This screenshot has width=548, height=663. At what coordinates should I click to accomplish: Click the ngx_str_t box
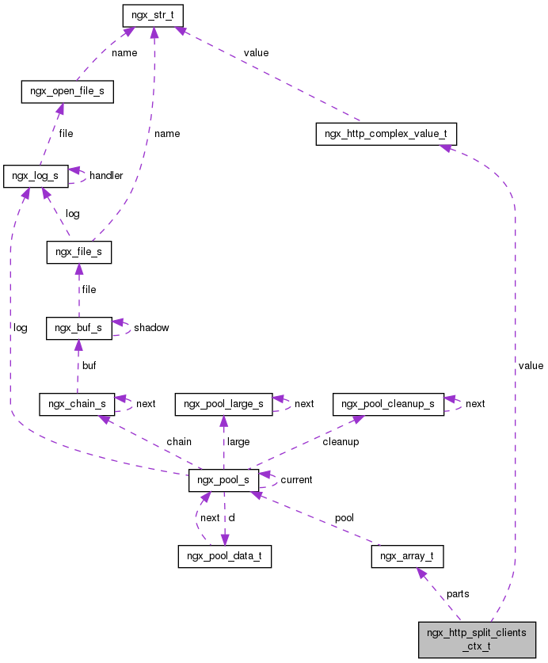point(153,15)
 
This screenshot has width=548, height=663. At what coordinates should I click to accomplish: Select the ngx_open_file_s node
point(67,92)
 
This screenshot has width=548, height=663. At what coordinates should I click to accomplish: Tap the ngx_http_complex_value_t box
point(386,133)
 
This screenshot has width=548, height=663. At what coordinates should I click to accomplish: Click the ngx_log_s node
point(35,175)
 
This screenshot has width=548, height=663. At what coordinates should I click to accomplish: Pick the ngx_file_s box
point(78,253)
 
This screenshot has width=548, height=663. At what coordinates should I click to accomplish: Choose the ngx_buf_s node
point(78,327)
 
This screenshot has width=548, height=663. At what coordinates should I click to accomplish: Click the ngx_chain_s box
point(78,404)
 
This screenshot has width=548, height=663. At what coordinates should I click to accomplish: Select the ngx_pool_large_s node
point(224,404)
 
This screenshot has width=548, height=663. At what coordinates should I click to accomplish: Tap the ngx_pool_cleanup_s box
point(388,404)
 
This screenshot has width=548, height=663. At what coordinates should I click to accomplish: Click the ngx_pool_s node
point(223,480)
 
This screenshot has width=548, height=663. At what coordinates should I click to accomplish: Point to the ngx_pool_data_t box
point(224,556)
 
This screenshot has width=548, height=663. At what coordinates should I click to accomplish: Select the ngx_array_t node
point(407,556)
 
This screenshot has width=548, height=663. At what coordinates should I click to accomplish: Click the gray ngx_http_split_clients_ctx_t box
point(477,639)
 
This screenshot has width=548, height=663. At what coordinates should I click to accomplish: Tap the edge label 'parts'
point(458,593)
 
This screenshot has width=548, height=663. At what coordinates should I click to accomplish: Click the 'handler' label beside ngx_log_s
point(106,175)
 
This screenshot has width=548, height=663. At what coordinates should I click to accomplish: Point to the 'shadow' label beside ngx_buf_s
point(151,327)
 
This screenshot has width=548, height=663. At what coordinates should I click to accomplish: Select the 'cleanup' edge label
point(341,441)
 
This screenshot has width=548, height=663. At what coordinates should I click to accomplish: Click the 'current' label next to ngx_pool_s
point(296,480)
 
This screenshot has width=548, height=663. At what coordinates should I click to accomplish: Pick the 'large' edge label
point(238,441)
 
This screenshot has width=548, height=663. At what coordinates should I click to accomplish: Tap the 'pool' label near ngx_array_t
point(344,517)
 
